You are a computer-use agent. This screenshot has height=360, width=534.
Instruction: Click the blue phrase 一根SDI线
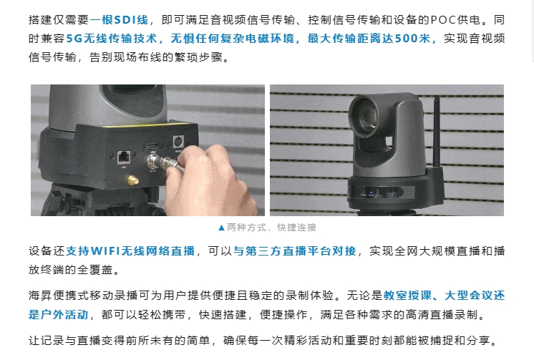(x=119, y=20)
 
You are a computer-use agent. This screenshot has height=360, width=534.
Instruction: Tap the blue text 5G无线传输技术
(x=111, y=38)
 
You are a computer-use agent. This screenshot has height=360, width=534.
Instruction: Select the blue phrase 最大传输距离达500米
(x=369, y=38)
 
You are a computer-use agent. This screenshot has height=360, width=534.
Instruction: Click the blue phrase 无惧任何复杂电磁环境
(x=232, y=38)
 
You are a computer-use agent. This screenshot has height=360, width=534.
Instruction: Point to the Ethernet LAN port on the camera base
(x=124, y=157)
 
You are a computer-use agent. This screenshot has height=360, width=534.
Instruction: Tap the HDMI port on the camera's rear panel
(x=152, y=146)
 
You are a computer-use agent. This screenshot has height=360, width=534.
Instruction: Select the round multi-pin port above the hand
(x=178, y=142)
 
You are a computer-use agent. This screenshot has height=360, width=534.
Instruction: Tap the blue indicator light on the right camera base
(x=372, y=193)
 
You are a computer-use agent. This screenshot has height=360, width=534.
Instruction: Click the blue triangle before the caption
(x=221, y=228)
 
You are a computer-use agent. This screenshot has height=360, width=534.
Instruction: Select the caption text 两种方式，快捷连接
(x=272, y=227)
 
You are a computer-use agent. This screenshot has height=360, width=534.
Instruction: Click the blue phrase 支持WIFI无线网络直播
(x=130, y=251)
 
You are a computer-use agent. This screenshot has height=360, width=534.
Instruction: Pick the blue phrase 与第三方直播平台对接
(x=295, y=251)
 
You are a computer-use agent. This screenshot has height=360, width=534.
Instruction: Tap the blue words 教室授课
(x=407, y=296)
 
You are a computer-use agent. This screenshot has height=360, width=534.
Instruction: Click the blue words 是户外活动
(x=58, y=314)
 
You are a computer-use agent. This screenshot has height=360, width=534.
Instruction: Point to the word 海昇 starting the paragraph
(x=41, y=296)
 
